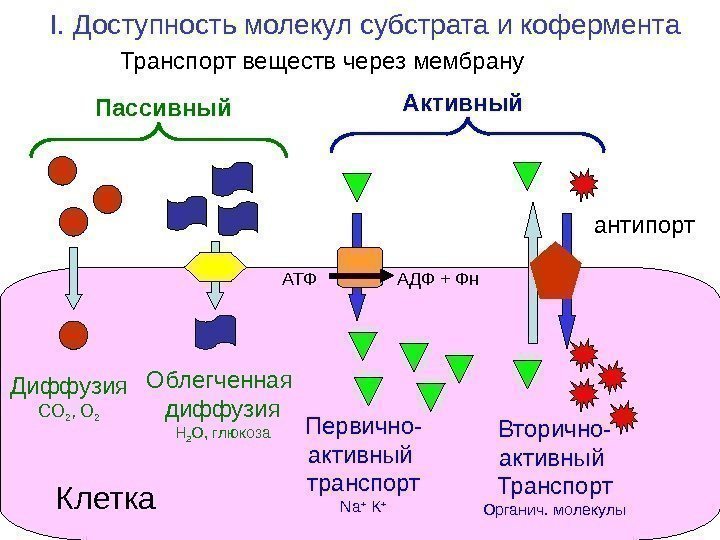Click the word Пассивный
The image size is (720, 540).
(x=163, y=105)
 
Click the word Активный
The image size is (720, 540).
(x=463, y=102)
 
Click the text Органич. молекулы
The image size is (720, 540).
(x=554, y=510)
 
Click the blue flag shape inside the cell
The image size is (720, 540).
(x=215, y=332)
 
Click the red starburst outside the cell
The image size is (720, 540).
(x=584, y=184)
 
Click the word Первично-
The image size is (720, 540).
(x=363, y=429)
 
